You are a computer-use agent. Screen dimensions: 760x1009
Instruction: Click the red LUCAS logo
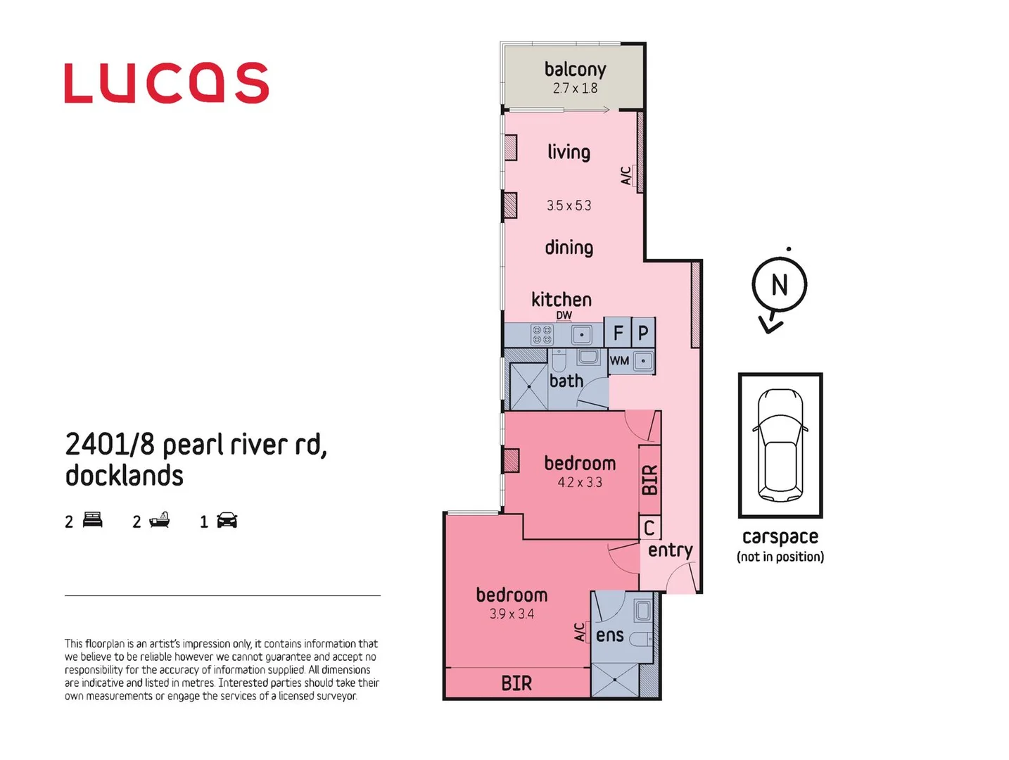click(x=167, y=83)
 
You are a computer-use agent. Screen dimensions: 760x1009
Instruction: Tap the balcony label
click(x=575, y=69)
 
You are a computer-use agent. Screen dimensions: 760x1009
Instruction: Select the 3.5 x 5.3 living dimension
click(x=569, y=205)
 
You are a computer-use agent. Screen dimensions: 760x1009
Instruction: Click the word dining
click(x=569, y=248)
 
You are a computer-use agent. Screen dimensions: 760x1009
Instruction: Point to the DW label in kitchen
click(x=564, y=315)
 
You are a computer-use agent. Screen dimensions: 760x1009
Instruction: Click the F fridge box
click(x=618, y=333)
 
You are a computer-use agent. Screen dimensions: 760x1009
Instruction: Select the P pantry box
click(x=643, y=333)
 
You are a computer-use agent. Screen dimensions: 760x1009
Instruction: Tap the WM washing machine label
click(x=619, y=361)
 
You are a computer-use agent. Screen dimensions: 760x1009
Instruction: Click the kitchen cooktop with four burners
click(x=542, y=335)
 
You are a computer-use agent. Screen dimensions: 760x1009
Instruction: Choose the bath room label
click(x=566, y=381)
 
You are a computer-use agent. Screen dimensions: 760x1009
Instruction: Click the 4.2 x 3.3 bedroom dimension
click(x=580, y=482)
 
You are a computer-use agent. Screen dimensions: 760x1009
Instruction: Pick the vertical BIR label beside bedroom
click(x=649, y=479)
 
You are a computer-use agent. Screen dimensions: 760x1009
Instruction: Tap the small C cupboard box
click(x=649, y=528)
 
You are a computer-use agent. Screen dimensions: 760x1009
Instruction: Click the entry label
click(x=670, y=550)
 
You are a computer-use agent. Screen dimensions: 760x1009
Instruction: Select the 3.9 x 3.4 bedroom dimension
click(x=512, y=614)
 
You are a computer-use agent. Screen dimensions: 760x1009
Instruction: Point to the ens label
click(x=609, y=635)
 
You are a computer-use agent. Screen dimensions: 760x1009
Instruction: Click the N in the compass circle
click(x=779, y=285)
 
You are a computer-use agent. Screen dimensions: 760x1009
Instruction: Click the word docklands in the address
click(x=125, y=476)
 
